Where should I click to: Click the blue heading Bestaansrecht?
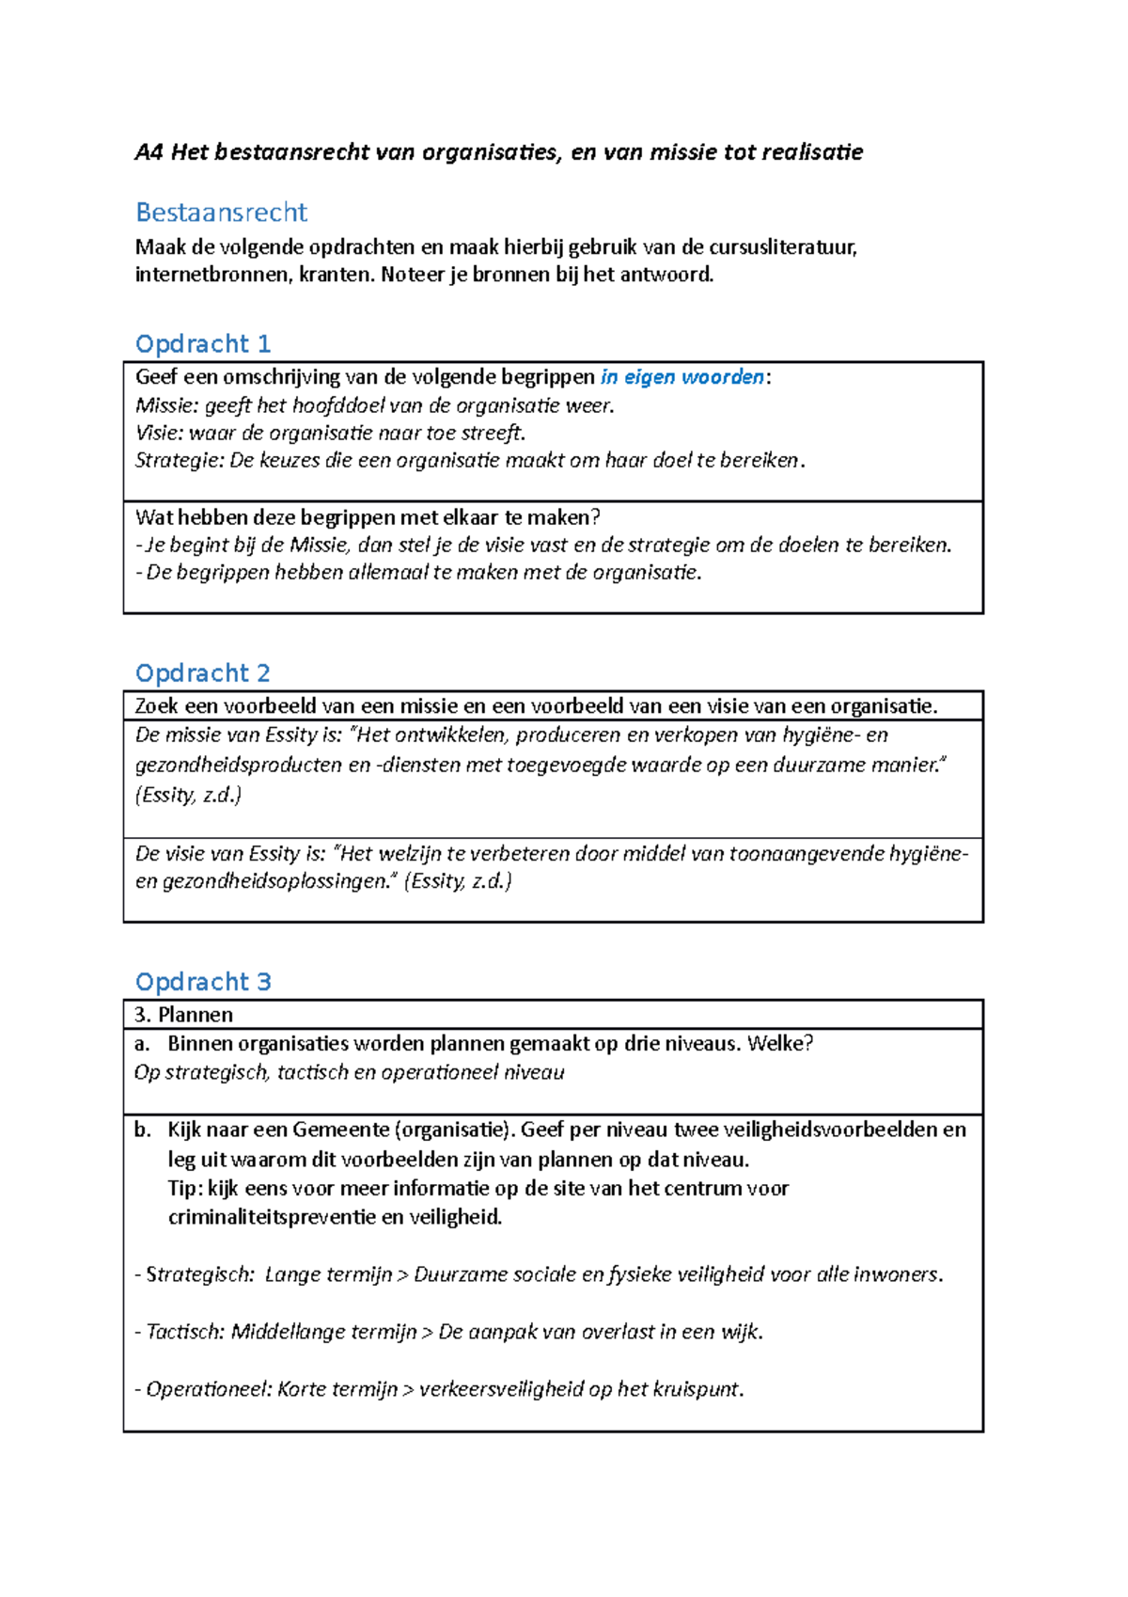click(x=222, y=213)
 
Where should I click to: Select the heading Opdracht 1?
click(x=203, y=344)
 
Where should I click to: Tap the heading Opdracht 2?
click(x=203, y=673)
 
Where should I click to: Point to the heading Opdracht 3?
click(x=203, y=982)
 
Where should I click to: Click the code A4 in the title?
click(x=149, y=152)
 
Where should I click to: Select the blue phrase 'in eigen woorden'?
click(x=682, y=377)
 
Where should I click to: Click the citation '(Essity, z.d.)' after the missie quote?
click(x=188, y=795)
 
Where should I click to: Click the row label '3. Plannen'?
click(x=184, y=1015)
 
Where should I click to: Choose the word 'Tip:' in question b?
click(x=185, y=1188)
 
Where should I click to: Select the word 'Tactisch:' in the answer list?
click(x=185, y=1332)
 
